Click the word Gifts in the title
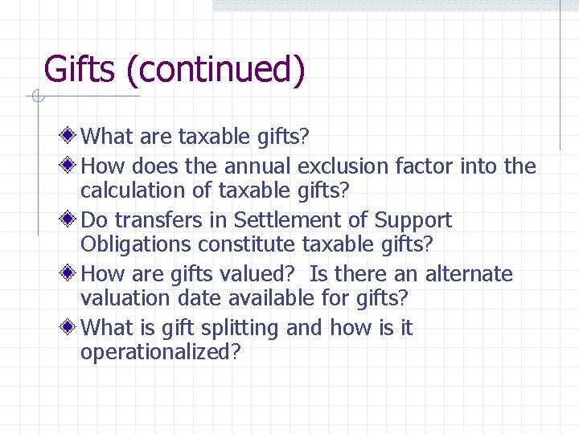[80, 70]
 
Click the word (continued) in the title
[216, 71]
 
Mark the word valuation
[122, 298]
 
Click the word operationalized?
[161, 353]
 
